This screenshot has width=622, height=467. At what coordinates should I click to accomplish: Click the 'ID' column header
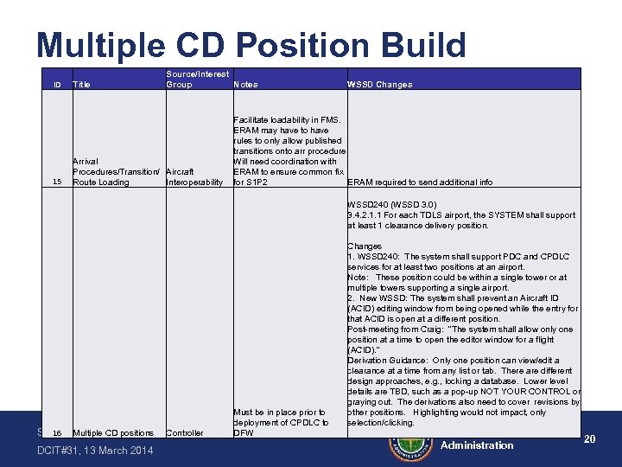point(57,85)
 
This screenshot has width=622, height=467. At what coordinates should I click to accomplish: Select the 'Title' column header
point(82,85)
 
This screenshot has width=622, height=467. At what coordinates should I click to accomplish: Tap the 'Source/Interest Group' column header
point(197,80)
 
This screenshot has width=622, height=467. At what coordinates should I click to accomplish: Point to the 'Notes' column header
point(245,85)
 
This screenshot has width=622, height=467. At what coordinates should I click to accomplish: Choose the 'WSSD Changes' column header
point(379,85)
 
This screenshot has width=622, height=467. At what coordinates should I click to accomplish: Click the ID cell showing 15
point(57,182)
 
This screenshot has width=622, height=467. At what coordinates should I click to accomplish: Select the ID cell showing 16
point(57,432)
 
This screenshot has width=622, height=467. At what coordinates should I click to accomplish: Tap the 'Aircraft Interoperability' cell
point(194,177)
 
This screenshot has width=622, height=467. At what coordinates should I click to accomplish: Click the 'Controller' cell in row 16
point(184,432)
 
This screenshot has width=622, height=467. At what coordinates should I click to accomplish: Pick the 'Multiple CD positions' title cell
point(113,432)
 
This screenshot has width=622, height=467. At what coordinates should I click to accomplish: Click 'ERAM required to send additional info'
point(420,182)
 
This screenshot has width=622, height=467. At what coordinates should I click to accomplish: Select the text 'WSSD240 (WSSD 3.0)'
point(386,205)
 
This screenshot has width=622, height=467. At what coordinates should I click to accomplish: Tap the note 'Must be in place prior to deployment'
point(279,422)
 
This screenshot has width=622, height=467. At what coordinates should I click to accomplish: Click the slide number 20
point(590,439)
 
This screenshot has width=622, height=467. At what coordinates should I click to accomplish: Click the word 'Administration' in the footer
point(477,445)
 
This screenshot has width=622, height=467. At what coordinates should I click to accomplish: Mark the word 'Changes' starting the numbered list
point(364,246)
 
